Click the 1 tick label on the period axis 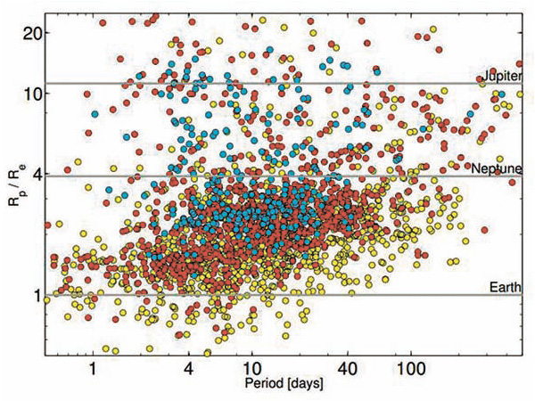click(93, 367)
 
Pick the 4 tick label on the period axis click(188, 367)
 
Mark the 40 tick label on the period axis click(347, 367)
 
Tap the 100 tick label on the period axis click(410, 367)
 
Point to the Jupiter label click(500, 76)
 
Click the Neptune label click(495, 168)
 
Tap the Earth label click(505, 286)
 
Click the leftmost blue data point click(95, 113)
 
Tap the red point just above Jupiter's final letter click(514, 64)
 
